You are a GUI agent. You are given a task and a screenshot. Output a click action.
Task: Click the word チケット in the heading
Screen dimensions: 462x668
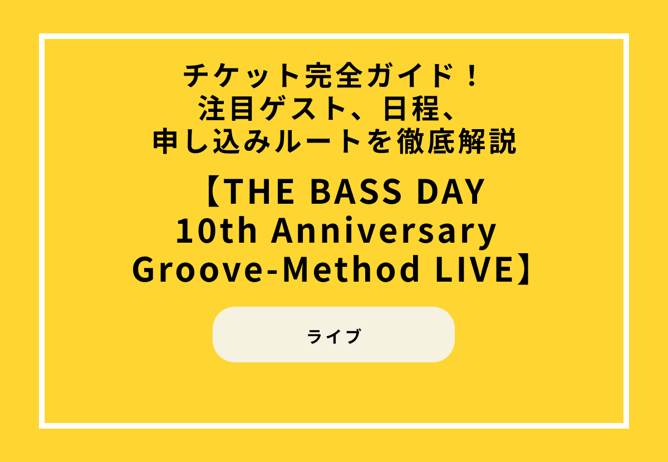(232, 77)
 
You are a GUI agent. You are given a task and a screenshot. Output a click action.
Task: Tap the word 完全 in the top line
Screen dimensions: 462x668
(313, 77)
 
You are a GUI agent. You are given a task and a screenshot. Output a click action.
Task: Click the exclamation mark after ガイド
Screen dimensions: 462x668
(473, 77)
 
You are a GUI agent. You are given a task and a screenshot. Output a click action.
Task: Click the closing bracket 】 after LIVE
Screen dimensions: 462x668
(525, 269)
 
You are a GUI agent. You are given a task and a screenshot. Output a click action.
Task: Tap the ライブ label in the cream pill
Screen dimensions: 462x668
(334, 337)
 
